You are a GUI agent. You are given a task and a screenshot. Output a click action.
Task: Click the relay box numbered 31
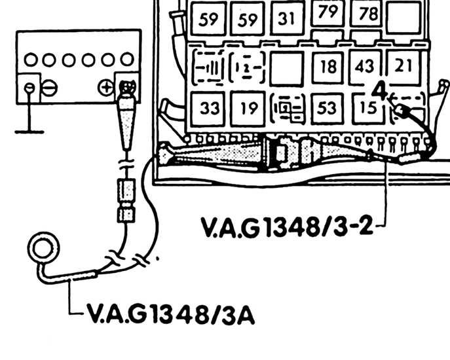click(287, 18)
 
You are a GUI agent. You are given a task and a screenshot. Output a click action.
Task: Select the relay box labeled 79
click(328, 12)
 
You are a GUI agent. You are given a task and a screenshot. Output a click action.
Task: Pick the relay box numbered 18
click(328, 67)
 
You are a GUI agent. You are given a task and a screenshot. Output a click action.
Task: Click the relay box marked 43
click(365, 67)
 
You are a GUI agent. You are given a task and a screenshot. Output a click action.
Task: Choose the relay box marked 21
click(403, 67)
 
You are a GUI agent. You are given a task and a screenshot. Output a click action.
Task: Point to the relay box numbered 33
click(208, 109)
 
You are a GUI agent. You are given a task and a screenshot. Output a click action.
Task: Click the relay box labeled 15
click(368, 109)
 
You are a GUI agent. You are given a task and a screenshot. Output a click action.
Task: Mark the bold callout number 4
click(379, 90)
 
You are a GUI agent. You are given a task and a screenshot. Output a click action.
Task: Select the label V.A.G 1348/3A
click(170, 314)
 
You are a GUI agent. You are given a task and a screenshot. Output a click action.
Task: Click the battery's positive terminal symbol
click(106, 87)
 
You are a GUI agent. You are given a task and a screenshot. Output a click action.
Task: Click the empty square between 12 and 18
click(287, 69)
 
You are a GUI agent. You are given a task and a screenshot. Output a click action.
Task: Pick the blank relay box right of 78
click(404, 17)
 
